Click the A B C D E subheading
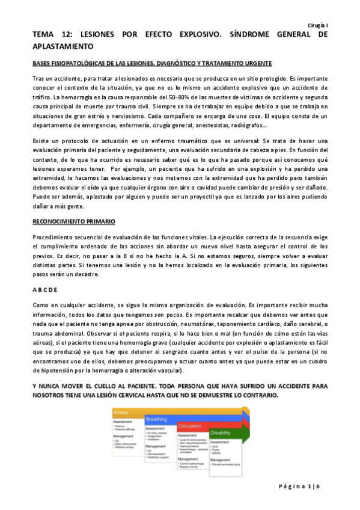(x=46, y=289)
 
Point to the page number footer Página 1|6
(x=307, y=485)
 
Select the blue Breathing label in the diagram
(x=157, y=419)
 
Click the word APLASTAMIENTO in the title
(x=64, y=46)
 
